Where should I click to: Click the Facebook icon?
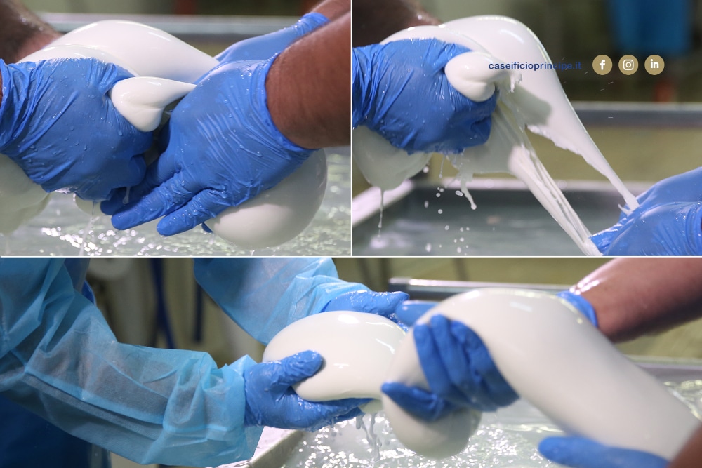pos(602,65)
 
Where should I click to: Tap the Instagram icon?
pos(628,65)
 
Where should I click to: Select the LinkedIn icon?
pos(654,65)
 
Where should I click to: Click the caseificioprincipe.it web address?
pos(534,66)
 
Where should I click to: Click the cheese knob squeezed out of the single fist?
pos(470,76)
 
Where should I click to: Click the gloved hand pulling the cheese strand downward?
pos(654,215)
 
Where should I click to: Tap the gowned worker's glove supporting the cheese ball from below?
pos(296,389)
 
